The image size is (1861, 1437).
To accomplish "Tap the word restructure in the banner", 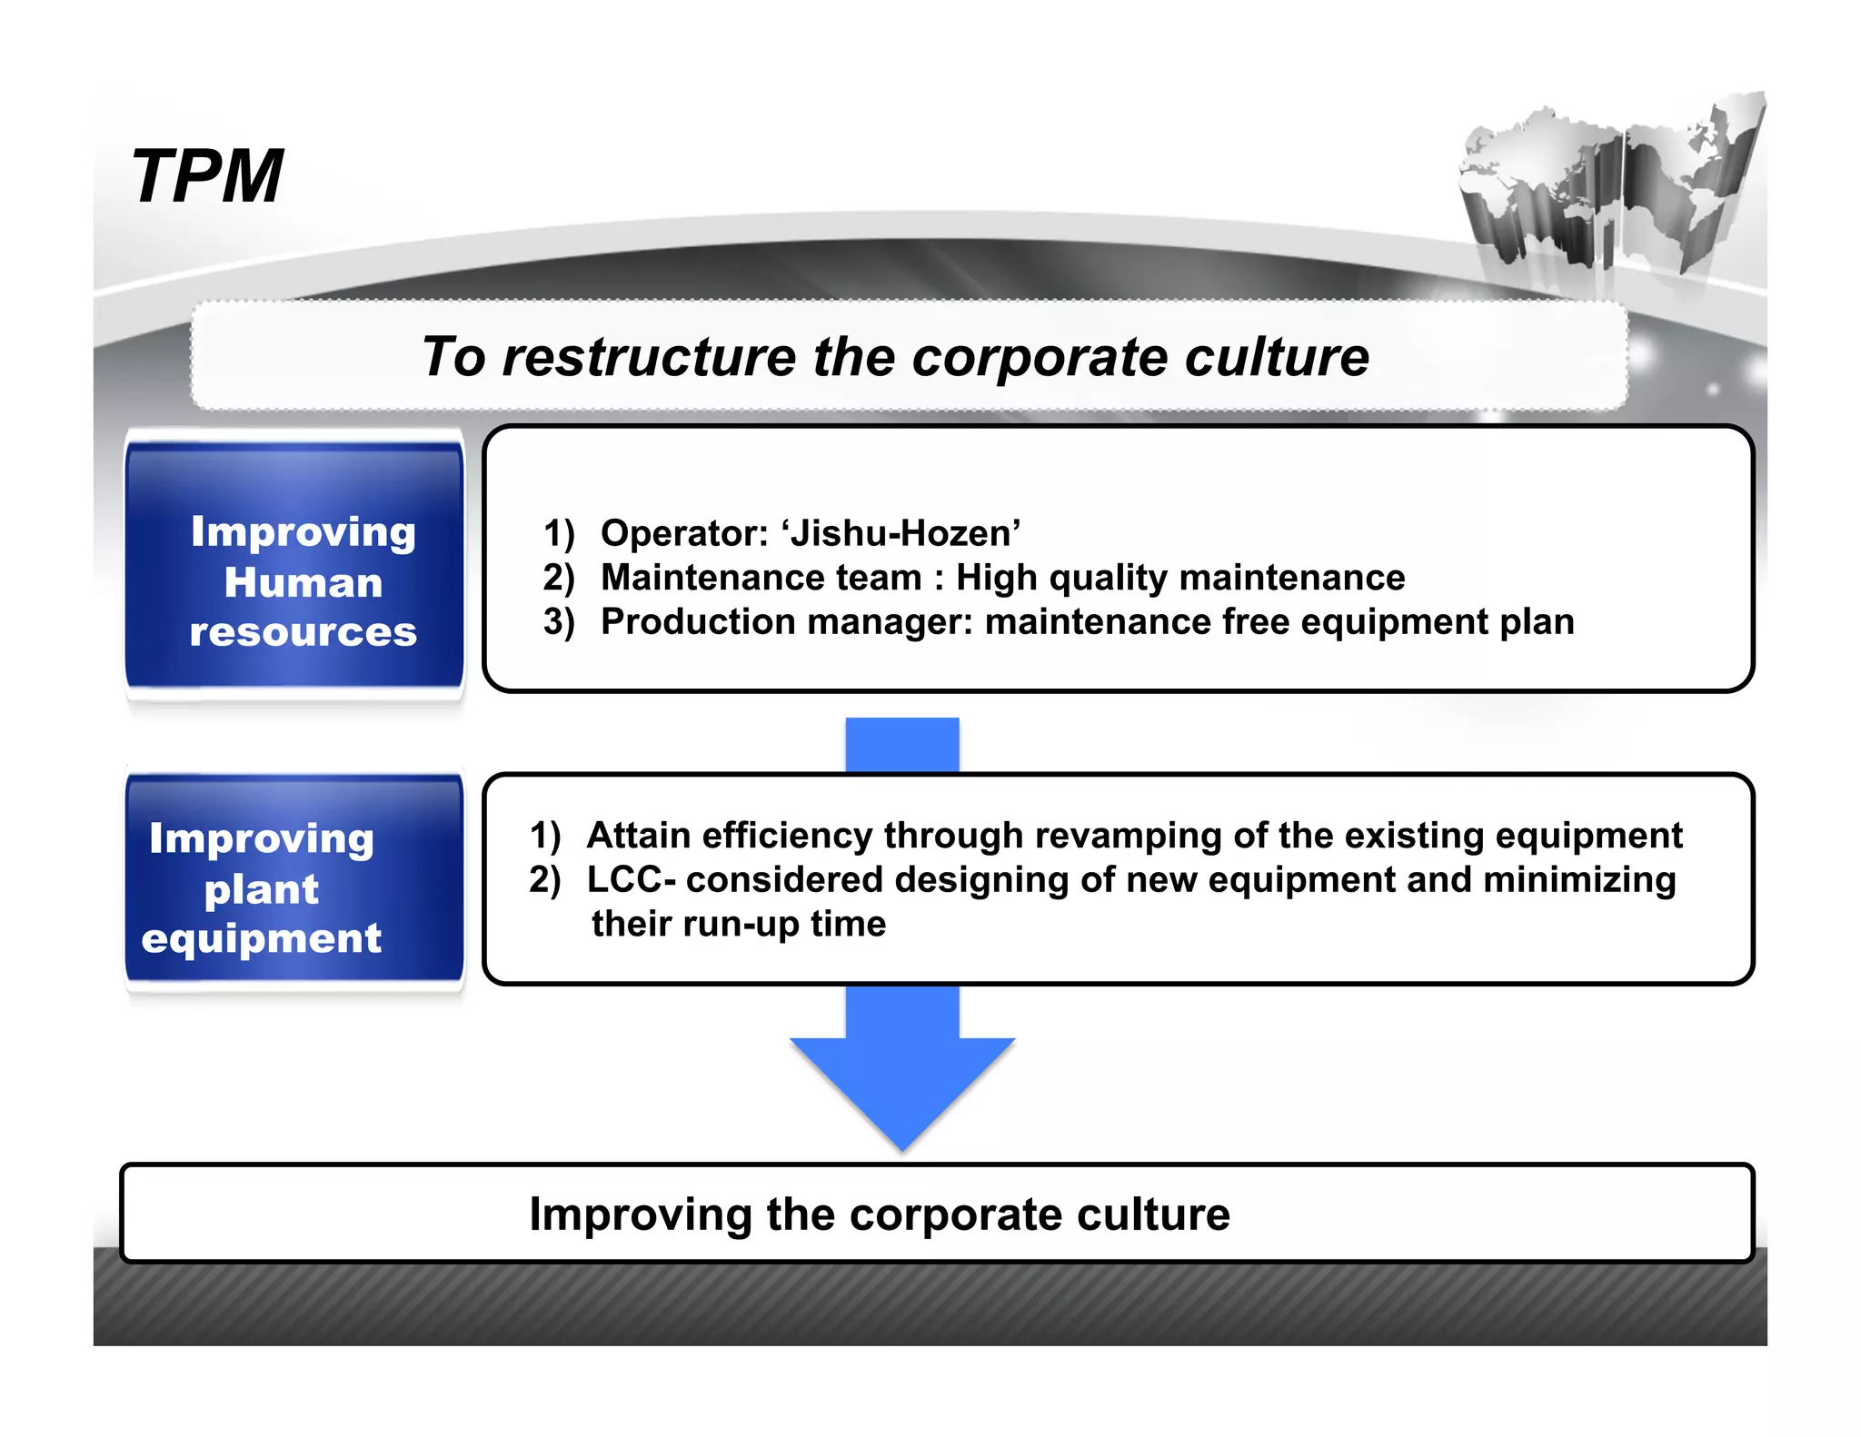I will pyautogui.click(x=649, y=356).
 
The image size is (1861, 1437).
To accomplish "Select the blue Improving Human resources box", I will pyautogui.click(x=295, y=567).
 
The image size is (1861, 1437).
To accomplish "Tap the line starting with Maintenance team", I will pyautogui.click(x=1002, y=578).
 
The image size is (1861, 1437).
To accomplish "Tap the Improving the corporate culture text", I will pyautogui.click(x=879, y=1214).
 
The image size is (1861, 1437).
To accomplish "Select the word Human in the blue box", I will pyautogui.click(x=304, y=583).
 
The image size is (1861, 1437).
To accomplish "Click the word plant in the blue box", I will pyautogui.click(x=262, y=889).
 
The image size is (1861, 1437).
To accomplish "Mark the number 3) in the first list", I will pyautogui.click(x=559, y=622).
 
